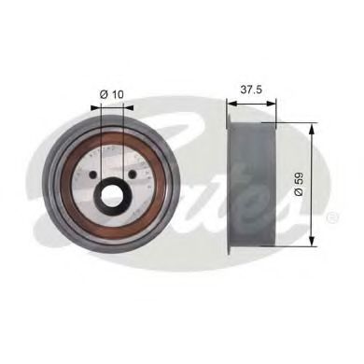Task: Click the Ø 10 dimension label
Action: [111, 92]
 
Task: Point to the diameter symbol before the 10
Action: [103, 92]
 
